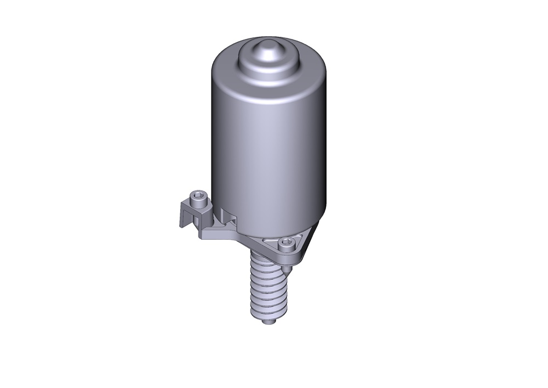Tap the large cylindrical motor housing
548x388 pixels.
pyautogui.click(x=269, y=148)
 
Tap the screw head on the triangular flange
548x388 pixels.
pyautogui.click(x=284, y=244)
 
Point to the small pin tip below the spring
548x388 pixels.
pyautogui.click(x=268, y=322)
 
